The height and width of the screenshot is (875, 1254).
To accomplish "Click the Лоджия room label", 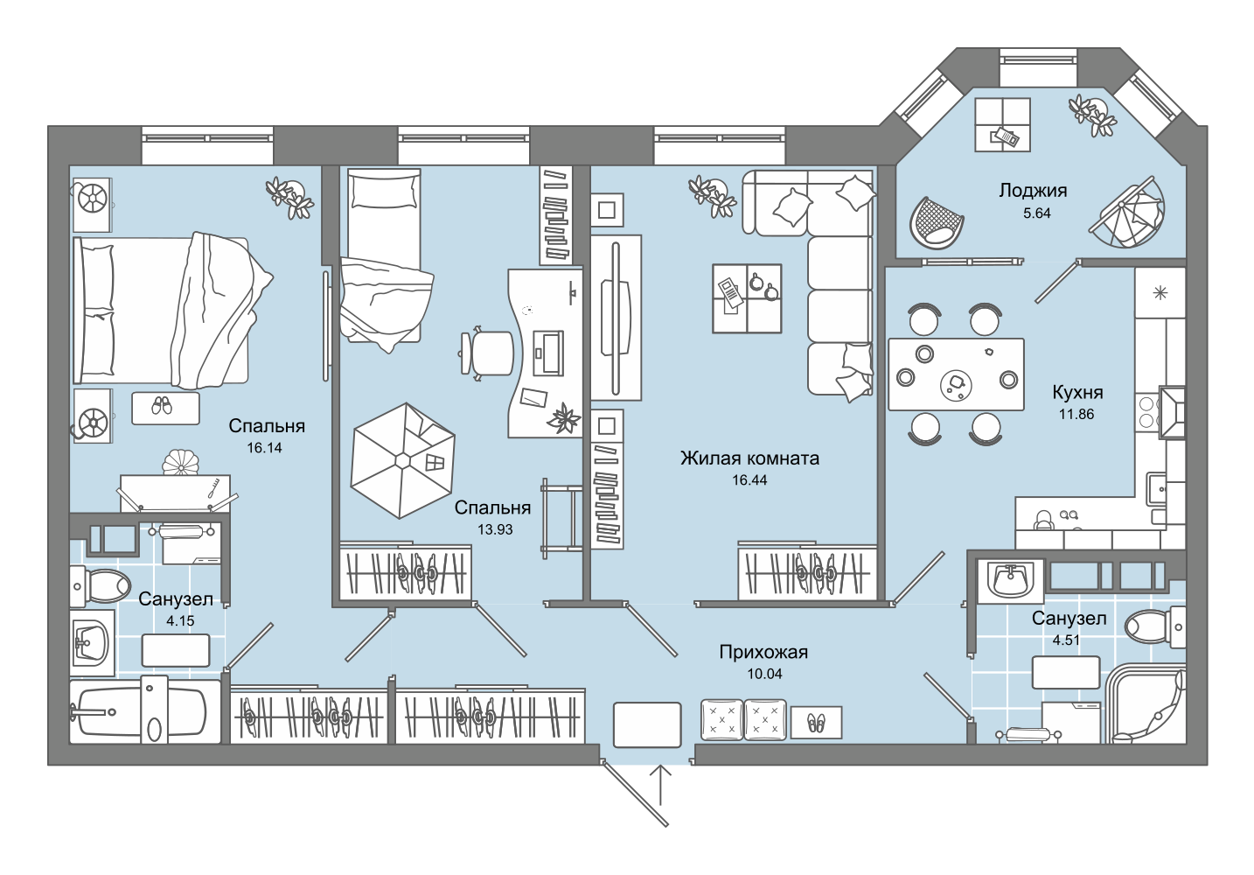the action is click(x=1033, y=191).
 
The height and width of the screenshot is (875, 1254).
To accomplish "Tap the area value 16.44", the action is click(x=749, y=480).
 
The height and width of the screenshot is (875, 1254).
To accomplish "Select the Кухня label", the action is click(x=1077, y=392).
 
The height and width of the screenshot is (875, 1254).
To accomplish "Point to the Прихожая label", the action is click(x=763, y=652).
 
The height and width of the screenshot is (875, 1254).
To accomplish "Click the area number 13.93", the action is click(x=495, y=529).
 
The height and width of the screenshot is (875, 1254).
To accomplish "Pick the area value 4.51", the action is click(x=1067, y=640).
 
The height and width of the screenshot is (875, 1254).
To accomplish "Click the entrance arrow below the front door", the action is click(x=660, y=785).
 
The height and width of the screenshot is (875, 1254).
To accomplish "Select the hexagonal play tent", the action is click(x=402, y=460).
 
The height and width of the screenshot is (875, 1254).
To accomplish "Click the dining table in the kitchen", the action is click(x=956, y=374).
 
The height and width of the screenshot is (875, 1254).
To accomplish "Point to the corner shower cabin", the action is click(x=1147, y=703).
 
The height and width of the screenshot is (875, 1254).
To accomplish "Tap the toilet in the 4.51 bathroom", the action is click(x=1155, y=626).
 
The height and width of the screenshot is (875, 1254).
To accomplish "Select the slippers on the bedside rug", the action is click(x=163, y=406).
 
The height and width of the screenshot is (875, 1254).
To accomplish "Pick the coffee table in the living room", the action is click(x=747, y=298).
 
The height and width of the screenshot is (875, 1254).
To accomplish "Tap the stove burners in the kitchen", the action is click(x=1146, y=412).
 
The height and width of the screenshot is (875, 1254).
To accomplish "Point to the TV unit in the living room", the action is click(x=616, y=318).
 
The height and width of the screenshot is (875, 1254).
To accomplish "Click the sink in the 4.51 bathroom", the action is click(x=1011, y=579).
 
